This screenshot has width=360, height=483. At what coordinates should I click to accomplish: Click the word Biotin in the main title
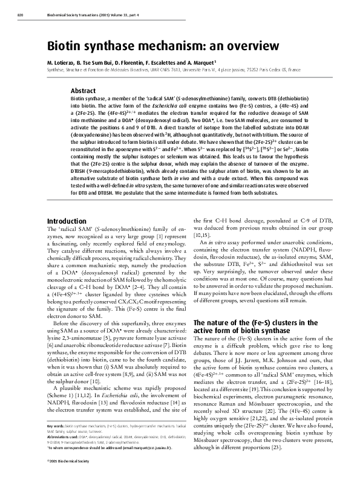tap(67, 48)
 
